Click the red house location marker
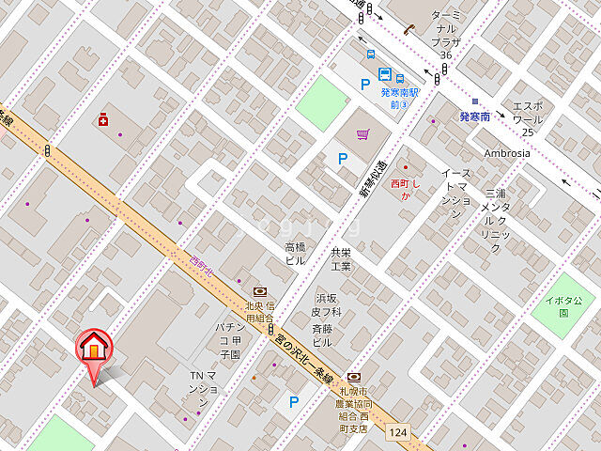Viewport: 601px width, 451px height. [94, 349]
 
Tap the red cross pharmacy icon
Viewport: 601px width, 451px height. [103, 119]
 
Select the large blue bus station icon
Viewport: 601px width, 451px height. [385, 74]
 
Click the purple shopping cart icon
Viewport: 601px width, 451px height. [362, 134]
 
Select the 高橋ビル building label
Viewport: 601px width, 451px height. [295, 254]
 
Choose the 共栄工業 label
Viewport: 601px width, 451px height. [340, 259]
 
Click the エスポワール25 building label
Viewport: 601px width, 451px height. [527, 118]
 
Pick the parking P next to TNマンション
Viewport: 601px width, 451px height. [294, 402]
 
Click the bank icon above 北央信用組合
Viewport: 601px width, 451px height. [259, 292]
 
